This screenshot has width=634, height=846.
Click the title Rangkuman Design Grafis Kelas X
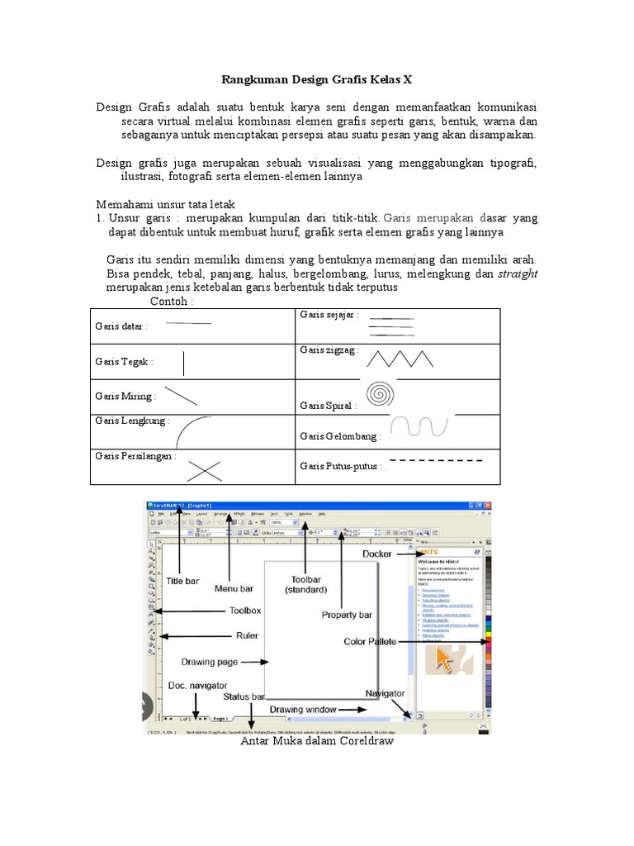317,80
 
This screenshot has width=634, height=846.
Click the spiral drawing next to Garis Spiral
381,393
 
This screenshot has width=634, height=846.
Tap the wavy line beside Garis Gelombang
420,426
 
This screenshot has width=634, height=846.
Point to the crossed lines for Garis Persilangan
203,469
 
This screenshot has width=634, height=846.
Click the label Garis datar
121,326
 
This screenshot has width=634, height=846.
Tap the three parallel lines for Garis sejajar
390,326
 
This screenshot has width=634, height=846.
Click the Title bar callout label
182,581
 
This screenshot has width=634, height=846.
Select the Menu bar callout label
234,588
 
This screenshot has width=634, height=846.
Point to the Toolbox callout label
244,611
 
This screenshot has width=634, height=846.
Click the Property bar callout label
347,615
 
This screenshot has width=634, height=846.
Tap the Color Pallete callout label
371,641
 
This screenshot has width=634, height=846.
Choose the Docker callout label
376,554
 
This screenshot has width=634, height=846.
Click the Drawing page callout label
209,662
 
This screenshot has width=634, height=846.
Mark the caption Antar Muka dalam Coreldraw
317,741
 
